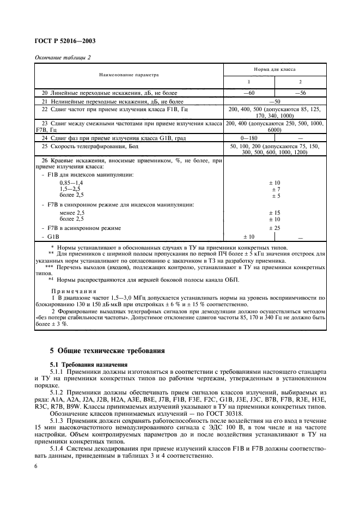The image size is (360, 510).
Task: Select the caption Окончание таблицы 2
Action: (62, 57)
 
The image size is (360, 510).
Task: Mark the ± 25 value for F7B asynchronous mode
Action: (275, 228)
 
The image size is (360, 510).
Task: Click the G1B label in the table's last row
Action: (53, 237)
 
